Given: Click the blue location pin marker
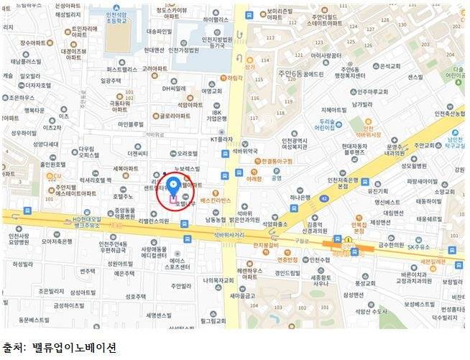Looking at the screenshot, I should click(x=173, y=177).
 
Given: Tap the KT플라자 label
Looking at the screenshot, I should click(x=223, y=139).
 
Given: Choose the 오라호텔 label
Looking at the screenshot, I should click(x=192, y=153).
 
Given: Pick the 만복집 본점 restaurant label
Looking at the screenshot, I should click(x=359, y=229).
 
